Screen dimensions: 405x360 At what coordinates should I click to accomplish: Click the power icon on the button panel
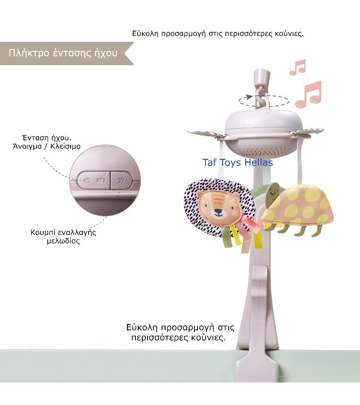[87, 181]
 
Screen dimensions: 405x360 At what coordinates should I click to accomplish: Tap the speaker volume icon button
[101, 181]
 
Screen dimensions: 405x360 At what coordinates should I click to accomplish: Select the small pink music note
[297, 67]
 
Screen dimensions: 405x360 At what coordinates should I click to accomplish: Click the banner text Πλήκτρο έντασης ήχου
[63, 53]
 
